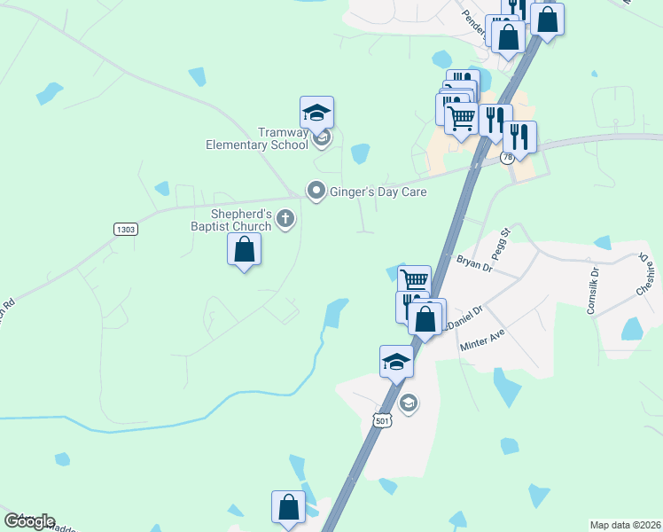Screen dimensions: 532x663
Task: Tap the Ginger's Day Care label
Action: (x=378, y=192)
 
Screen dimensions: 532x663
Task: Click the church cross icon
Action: (x=285, y=218)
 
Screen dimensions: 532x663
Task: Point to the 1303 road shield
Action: (x=126, y=229)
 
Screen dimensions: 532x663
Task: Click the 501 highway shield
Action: (x=383, y=420)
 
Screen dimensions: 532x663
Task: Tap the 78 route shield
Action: (x=507, y=158)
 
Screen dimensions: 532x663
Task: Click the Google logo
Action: (x=29, y=520)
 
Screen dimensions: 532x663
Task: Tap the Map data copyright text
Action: (x=626, y=525)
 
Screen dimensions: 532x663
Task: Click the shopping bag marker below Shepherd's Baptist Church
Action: (x=244, y=250)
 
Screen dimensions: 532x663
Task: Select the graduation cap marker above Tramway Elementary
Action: (x=316, y=113)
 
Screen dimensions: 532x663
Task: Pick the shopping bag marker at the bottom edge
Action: (x=288, y=508)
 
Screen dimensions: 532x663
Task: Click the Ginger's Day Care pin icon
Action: (x=316, y=191)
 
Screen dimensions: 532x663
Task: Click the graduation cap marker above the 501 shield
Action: (x=396, y=362)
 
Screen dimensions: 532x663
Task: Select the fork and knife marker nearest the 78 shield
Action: (x=519, y=137)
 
